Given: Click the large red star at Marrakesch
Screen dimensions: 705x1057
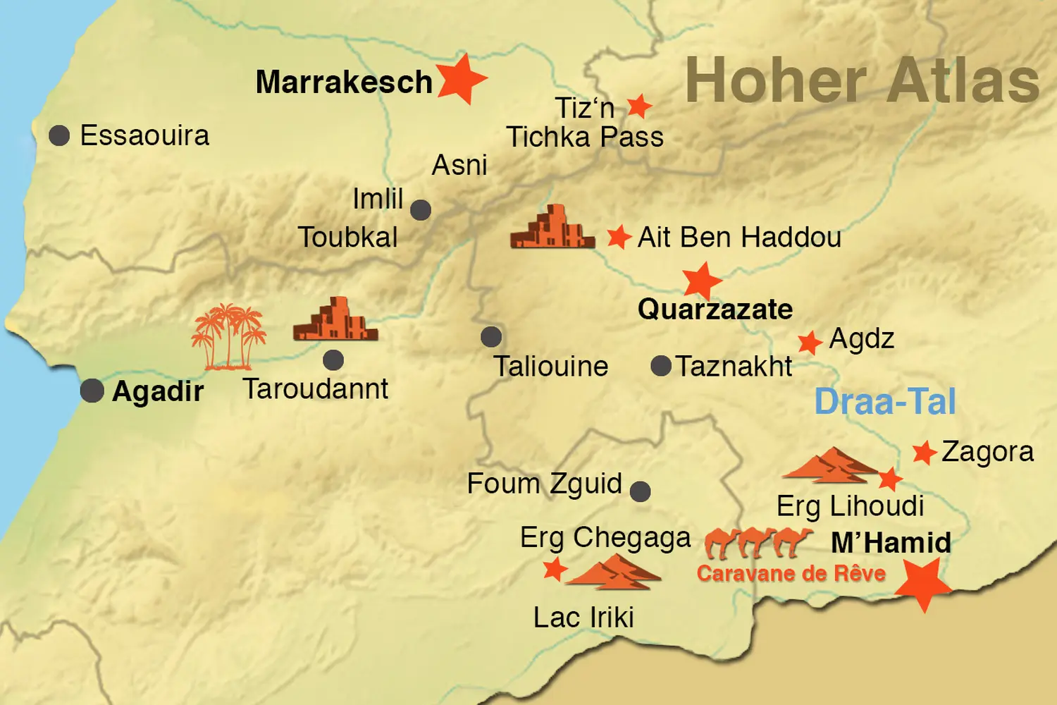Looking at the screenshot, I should click(462, 78).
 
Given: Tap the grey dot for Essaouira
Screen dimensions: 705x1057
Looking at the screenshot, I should click(59, 135).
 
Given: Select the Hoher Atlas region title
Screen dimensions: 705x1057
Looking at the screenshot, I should click(862, 81).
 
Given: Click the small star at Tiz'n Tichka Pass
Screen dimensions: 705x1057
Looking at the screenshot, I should click(639, 106).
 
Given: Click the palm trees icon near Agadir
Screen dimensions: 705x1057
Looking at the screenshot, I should click(228, 337).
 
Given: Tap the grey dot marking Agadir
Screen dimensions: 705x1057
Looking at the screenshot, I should click(92, 390).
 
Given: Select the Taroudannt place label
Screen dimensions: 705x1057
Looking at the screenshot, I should click(315, 389).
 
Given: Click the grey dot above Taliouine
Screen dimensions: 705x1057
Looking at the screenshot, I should click(491, 337).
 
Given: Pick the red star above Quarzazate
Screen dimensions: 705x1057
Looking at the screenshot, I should click(702, 281).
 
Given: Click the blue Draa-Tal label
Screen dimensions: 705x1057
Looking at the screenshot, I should click(885, 402).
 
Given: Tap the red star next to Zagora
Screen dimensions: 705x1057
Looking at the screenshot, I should click(924, 453).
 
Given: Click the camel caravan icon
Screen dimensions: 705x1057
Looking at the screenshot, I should click(758, 542).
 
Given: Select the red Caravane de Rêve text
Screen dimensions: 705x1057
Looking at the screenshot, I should click(791, 573).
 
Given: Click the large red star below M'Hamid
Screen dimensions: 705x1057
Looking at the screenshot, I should click(923, 582).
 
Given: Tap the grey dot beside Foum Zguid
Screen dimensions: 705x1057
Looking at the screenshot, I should click(640, 491).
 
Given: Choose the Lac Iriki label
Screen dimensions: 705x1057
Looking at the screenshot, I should click(583, 618).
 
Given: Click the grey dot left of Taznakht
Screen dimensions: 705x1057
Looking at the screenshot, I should click(661, 366).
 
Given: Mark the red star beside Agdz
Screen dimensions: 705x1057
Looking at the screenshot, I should click(810, 343).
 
